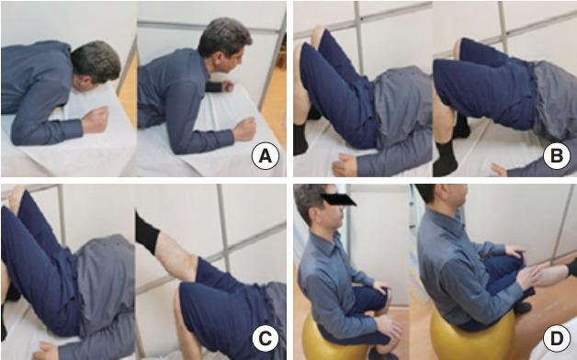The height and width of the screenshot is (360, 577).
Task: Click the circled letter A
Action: (x=265, y=156)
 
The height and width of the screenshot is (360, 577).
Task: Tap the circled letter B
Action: (x=557, y=156)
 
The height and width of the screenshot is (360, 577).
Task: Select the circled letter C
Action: (x=265, y=338)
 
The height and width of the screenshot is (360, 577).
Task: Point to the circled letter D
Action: (x=557, y=338)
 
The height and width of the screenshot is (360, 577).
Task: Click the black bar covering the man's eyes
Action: (x=338, y=199)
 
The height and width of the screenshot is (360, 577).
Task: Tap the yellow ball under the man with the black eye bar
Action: (x=333, y=338)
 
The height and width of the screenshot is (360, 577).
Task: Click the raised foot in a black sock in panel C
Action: (x=147, y=232)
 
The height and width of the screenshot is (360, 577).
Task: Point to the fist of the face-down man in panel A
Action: (x=95, y=119)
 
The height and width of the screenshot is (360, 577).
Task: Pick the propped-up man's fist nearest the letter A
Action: (x=244, y=129)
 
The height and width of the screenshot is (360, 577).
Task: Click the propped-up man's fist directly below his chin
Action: (x=228, y=86)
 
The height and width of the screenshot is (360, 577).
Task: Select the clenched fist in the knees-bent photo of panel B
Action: (x=345, y=164)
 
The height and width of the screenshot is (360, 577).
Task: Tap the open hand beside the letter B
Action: (x=499, y=170)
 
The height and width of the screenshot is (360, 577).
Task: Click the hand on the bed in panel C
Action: (x=46, y=351)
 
